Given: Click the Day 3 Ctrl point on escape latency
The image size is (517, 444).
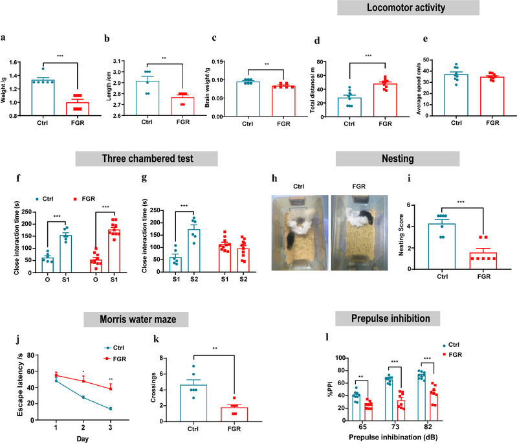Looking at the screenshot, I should coord(112,409).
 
